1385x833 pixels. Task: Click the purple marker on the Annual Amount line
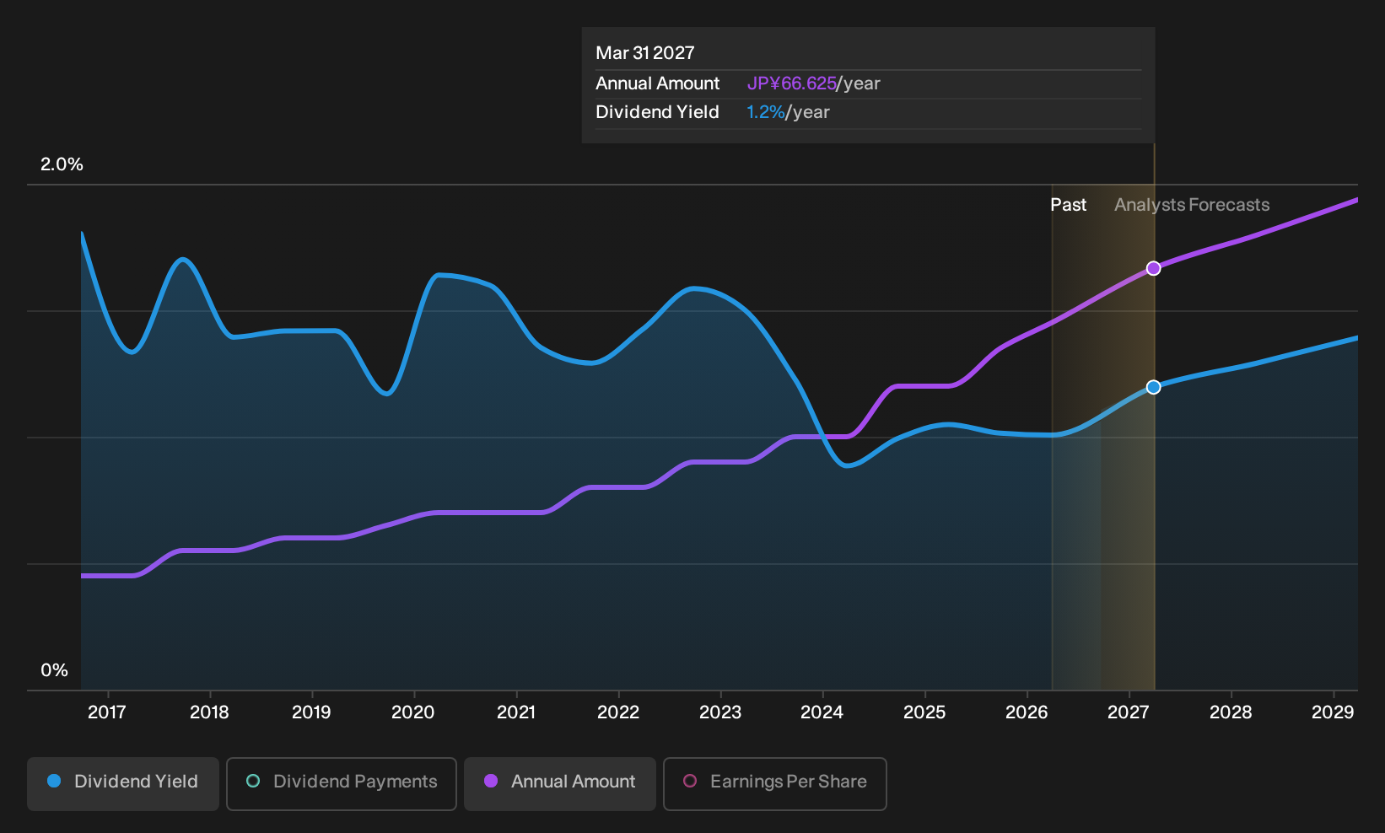[1153, 268]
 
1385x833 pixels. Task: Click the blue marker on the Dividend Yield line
[1153, 387]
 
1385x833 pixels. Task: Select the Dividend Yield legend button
[123, 783]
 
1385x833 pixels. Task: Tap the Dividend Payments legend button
[342, 783]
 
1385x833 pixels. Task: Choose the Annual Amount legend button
[559, 783]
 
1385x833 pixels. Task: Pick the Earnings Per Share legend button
[774, 783]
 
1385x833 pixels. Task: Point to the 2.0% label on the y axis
[62, 164]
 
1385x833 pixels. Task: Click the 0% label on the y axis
[55, 670]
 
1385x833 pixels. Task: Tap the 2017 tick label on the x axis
[107, 712]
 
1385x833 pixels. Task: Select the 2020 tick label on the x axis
[413, 712]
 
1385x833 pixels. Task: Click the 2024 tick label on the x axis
[822, 712]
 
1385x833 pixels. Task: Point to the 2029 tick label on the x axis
[1333, 712]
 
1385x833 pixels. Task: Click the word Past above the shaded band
[1069, 205]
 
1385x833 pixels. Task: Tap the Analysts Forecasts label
[1192, 205]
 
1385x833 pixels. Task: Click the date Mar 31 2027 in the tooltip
[645, 53]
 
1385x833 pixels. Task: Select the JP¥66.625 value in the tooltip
[791, 83]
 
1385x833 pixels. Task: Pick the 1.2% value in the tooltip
[765, 112]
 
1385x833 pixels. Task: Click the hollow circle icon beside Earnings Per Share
[690, 781]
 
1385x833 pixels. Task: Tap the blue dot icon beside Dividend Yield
[55, 781]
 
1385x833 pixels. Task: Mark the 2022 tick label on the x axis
[617, 712]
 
